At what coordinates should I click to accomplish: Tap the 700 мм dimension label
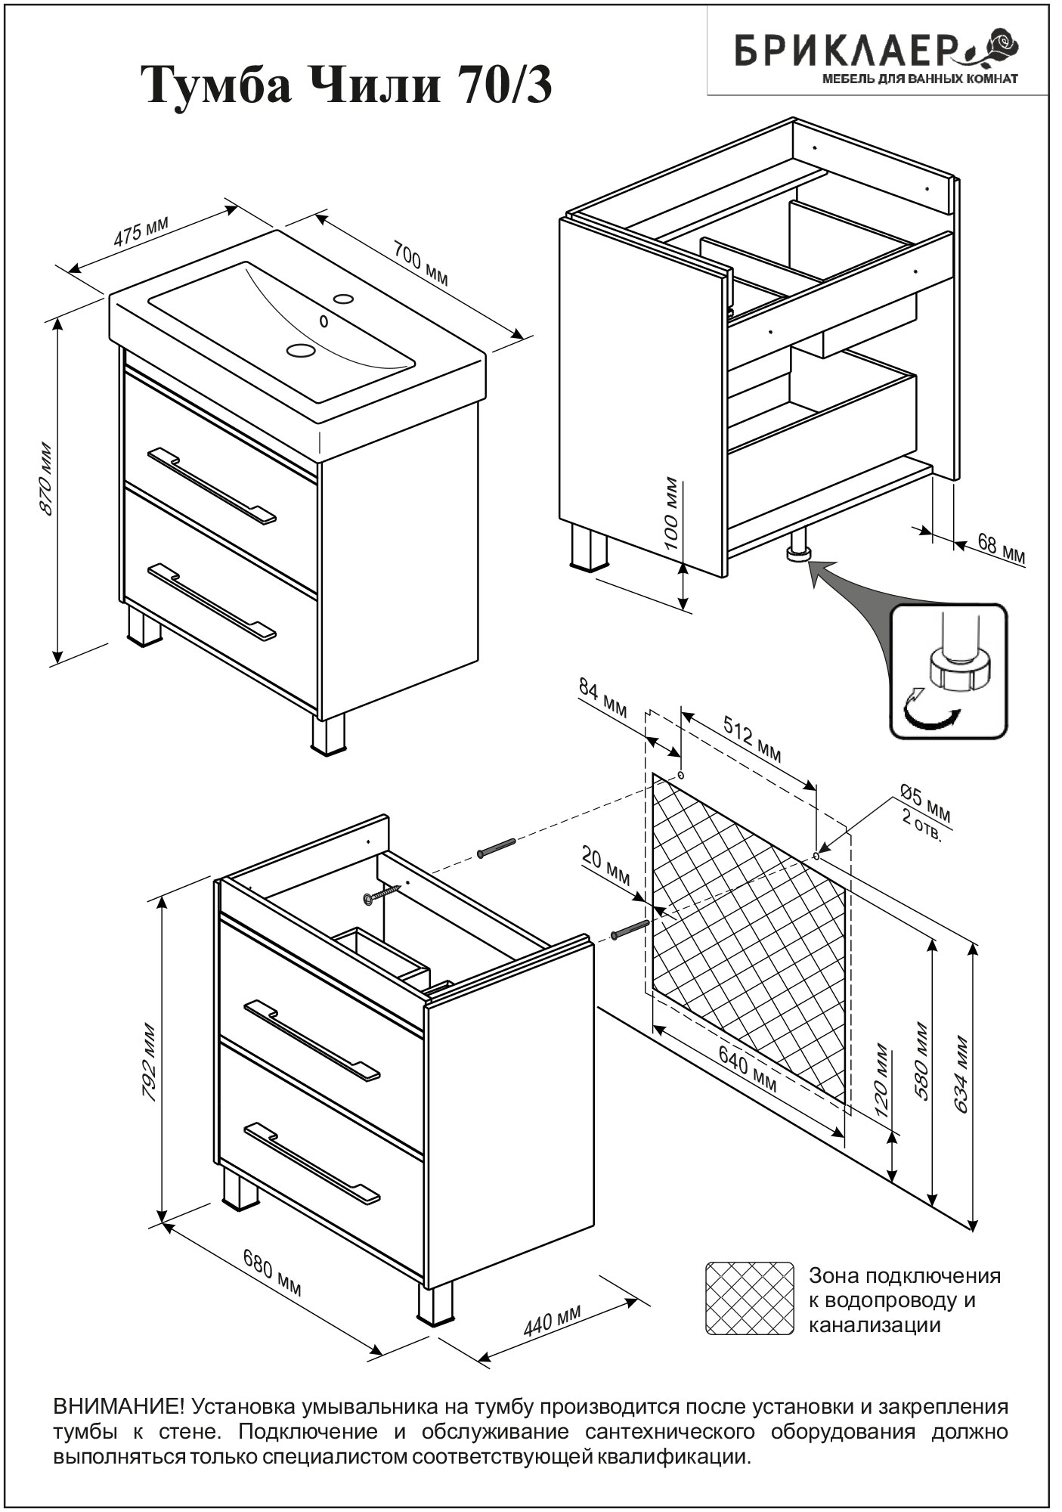420,263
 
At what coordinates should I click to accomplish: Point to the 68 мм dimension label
1002,550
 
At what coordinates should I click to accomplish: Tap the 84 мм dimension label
603,698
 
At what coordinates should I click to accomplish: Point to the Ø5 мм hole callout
926,803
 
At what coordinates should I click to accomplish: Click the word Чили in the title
375,85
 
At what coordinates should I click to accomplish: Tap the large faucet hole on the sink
301,350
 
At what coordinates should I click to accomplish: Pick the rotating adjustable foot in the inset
958,666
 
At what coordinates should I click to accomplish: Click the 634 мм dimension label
961,1073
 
